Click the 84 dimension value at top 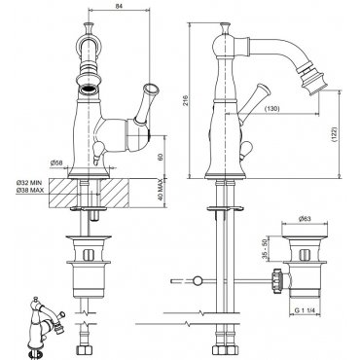[119, 6]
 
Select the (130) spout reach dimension [272, 109]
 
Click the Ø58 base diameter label [56, 162]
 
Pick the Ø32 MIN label [29, 184]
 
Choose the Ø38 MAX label [29, 191]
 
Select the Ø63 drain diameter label [304, 219]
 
